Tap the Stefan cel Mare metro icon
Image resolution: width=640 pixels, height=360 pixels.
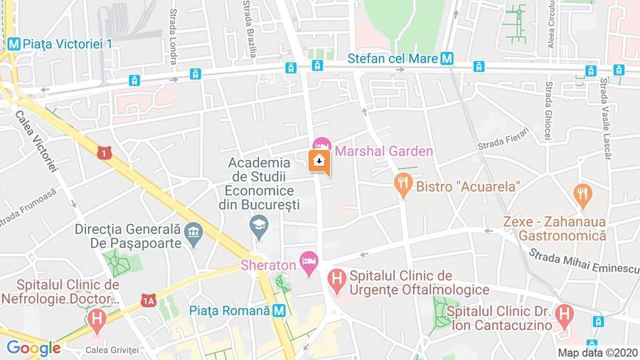pyautogui.click(x=447, y=60)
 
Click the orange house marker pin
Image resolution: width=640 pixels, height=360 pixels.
pyautogui.click(x=319, y=161)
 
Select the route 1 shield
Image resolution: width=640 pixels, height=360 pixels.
pyautogui.click(x=105, y=152)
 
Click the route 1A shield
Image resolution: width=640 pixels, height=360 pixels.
pyautogui.click(x=148, y=301)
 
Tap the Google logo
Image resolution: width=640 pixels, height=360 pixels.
pyautogui.click(x=33, y=348)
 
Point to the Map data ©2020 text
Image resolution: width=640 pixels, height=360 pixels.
pyautogui.click(x=597, y=352)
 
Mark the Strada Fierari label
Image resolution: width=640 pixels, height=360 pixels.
pyautogui.click(x=500, y=147)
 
